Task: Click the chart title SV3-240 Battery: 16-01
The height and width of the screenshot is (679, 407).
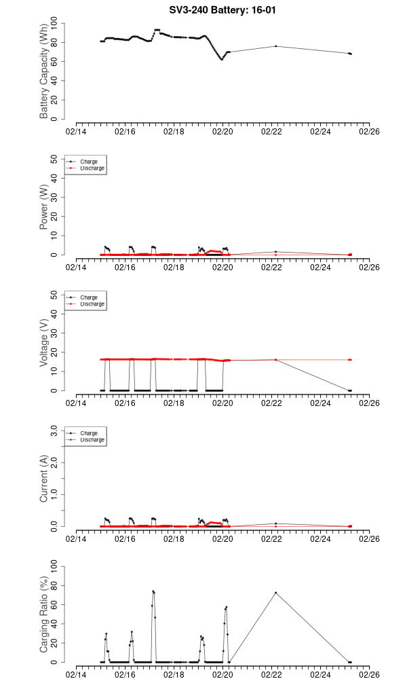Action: pos(203,11)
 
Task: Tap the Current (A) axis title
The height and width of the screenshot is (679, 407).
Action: pos(45,479)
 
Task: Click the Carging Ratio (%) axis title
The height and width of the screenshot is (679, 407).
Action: pos(45,615)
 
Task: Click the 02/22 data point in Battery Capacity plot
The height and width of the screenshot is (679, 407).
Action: pos(275,46)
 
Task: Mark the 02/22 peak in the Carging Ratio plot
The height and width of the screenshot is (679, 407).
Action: pos(275,592)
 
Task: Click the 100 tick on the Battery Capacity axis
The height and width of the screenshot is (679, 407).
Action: pos(57,23)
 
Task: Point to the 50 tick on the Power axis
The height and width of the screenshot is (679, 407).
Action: pos(57,159)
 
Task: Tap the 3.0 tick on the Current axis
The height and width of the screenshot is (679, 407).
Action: pos(57,430)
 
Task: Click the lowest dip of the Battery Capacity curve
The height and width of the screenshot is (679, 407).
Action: pos(221,59)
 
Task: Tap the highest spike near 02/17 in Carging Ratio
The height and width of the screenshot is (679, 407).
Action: pos(153,591)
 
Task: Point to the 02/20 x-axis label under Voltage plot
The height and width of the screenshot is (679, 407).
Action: pos(222,403)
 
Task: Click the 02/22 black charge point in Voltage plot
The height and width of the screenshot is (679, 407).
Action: pos(275,360)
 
